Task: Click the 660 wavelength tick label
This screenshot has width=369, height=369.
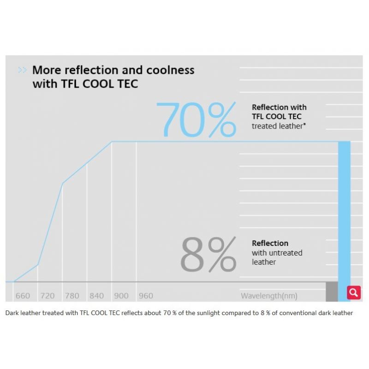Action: pyautogui.click(x=23, y=296)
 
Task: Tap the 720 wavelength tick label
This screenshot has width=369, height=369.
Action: pyautogui.click(x=48, y=296)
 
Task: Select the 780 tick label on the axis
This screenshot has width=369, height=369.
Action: pyautogui.click(x=72, y=296)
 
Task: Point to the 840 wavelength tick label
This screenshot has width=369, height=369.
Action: pyautogui.click(x=97, y=296)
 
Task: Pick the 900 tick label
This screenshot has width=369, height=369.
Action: pyautogui.click(x=121, y=296)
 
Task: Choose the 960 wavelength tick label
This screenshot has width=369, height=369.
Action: pyautogui.click(x=146, y=296)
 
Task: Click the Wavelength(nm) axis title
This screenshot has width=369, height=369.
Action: pyautogui.click(x=269, y=296)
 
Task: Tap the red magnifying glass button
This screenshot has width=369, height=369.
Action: pyautogui.click(x=354, y=292)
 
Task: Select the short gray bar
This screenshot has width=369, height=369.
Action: pyautogui.click(x=332, y=291)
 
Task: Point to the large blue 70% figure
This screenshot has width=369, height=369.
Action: pyautogui.click(x=196, y=120)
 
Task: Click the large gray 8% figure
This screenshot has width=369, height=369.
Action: pyautogui.click(x=208, y=255)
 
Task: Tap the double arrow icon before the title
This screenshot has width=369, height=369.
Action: pyautogui.click(x=22, y=71)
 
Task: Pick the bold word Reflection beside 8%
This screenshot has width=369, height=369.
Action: pyautogui.click(x=270, y=243)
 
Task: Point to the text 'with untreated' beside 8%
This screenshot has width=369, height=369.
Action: pyautogui.click(x=277, y=253)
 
